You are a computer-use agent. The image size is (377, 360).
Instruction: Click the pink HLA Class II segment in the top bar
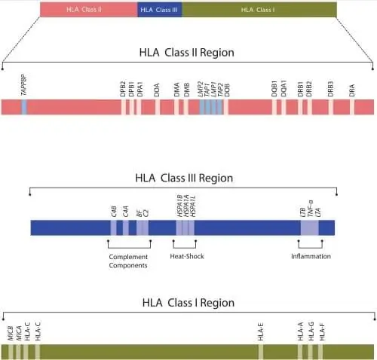tap(88, 10)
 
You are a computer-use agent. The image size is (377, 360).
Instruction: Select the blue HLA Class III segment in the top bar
tap(160, 10)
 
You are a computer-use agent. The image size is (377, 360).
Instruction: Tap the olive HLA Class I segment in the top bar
tap(259, 10)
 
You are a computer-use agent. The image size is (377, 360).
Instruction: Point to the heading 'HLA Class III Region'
tap(184, 178)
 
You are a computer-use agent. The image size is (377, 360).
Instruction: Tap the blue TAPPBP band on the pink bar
tap(24, 107)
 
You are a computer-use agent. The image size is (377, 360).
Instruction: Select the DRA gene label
tap(352, 90)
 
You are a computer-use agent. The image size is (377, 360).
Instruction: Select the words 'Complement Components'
tap(128, 261)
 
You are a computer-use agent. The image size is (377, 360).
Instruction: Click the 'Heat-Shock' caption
tap(186, 256)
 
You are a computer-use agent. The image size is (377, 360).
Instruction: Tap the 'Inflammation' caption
tap(311, 256)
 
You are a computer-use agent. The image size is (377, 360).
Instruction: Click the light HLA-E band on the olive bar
tap(261, 352)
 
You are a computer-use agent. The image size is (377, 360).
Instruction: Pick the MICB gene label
tap(11, 333)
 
